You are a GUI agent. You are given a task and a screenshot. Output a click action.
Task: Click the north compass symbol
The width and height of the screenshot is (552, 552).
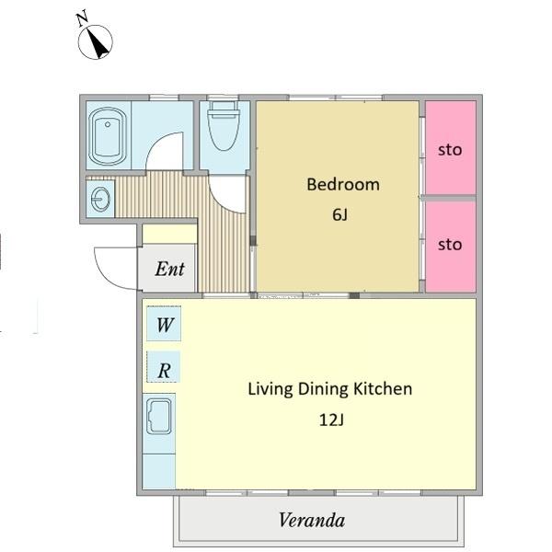pos(95,42)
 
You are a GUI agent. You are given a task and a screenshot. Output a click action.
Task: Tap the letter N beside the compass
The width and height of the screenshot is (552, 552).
pos(83,19)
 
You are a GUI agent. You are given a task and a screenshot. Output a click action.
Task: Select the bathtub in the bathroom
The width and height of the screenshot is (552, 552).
pos(108,136)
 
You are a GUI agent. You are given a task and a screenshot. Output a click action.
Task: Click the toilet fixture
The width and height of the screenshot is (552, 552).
pos(224,125)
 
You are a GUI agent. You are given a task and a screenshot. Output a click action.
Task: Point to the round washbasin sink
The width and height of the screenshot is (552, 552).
pos(100,200)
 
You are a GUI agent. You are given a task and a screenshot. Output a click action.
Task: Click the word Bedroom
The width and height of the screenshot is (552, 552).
pos(343,185)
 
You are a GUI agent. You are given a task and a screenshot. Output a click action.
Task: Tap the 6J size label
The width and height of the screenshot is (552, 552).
pos(339,214)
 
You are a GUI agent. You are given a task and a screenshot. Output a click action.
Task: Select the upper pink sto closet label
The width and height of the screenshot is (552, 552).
pos(450,150)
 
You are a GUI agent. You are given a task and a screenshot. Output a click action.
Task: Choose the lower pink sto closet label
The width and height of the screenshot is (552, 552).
pos(450,245)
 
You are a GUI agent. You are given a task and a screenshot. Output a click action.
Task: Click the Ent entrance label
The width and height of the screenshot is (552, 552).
pos(169,269)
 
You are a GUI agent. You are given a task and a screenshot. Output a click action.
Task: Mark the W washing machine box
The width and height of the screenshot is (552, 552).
pos(164,324)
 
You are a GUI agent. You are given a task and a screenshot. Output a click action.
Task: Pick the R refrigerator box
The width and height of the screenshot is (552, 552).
pos(164,367)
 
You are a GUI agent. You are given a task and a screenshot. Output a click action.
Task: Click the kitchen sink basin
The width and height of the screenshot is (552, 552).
pos(159,417)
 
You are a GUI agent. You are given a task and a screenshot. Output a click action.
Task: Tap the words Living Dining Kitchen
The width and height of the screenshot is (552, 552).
pos(330,389)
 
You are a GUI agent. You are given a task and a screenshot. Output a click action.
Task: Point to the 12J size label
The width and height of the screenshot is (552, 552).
pos(331,420)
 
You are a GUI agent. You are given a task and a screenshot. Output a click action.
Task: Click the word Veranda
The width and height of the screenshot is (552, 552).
pos(312,520)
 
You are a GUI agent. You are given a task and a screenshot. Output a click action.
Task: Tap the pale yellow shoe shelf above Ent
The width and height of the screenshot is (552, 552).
pos(169,234)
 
